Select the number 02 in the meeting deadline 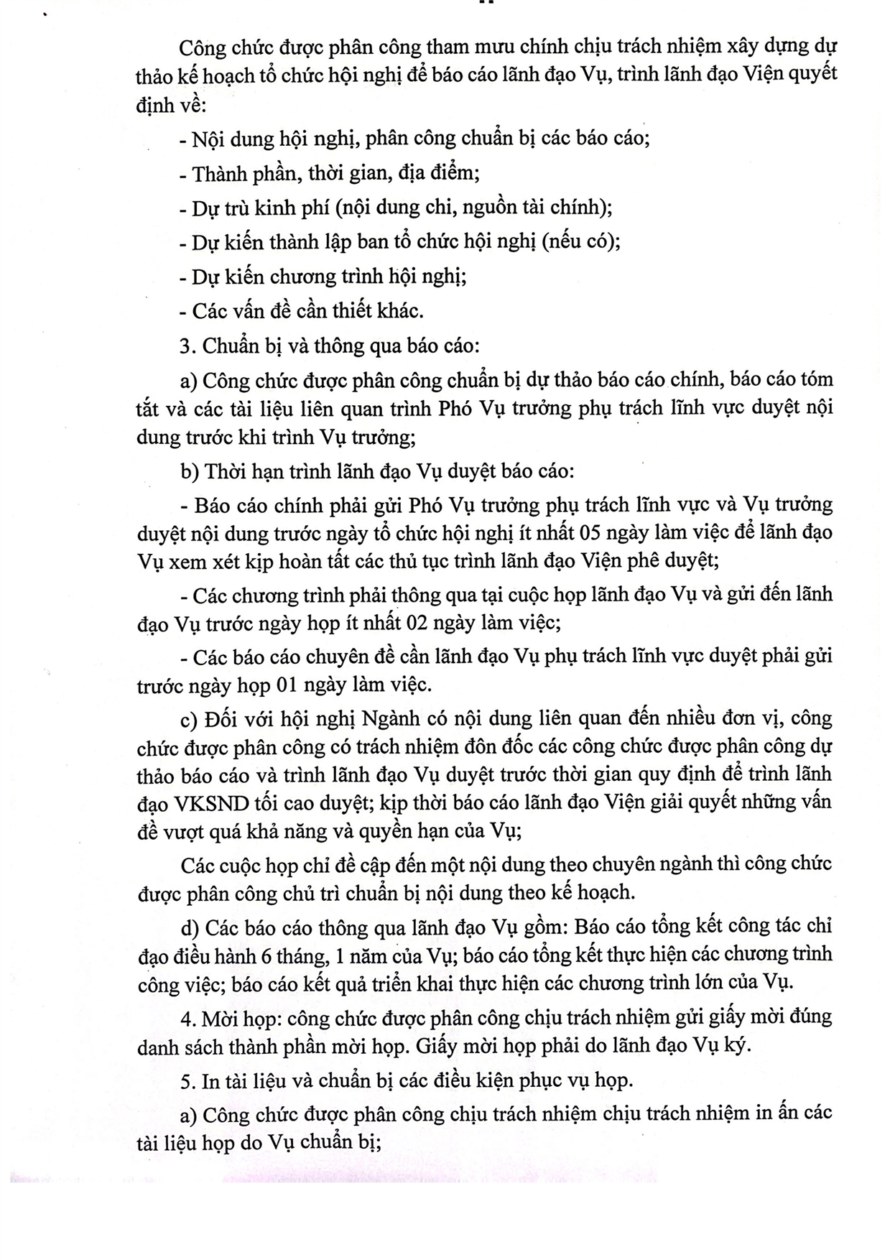coord(418,623)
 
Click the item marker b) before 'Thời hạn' coord(190,472)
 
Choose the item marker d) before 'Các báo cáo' coord(190,927)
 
